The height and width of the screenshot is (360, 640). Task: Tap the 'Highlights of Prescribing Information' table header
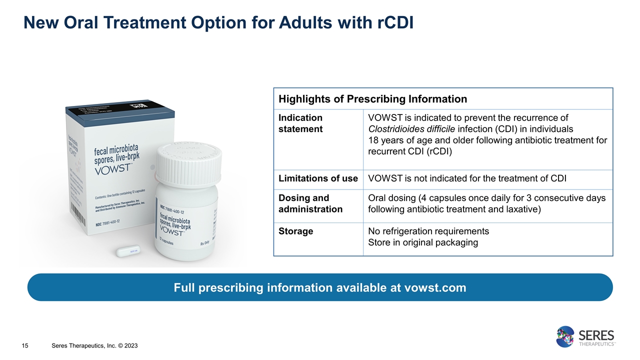click(x=372, y=99)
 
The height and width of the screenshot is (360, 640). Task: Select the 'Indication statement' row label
click(x=300, y=123)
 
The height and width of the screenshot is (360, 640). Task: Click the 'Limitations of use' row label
click(x=318, y=178)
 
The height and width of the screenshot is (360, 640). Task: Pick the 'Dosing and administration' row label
click(x=310, y=203)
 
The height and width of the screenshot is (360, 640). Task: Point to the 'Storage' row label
click(x=296, y=231)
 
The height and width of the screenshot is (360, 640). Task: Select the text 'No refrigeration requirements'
click(x=428, y=231)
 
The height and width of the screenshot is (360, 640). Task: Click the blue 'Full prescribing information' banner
click(x=320, y=287)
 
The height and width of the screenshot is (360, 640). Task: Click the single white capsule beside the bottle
click(x=128, y=250)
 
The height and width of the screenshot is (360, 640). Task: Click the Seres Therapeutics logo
click(x=585, y=336)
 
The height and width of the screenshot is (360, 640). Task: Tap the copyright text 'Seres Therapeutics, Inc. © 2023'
click(x=95, y=346)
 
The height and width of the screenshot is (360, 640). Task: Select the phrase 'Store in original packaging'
click(x=422, y=242)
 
